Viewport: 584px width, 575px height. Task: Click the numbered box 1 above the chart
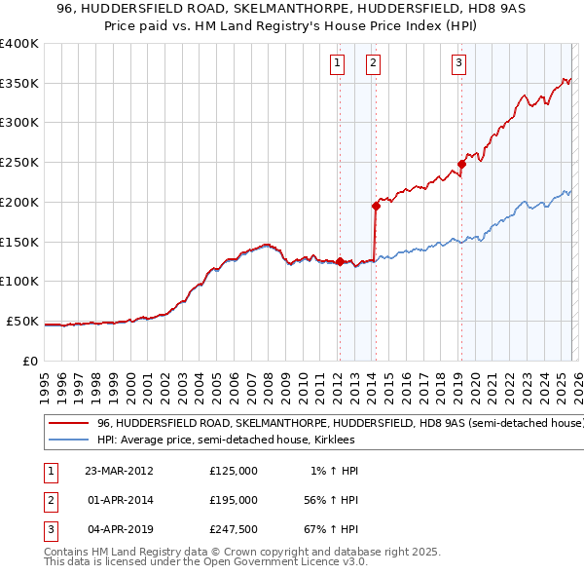pos(337,64)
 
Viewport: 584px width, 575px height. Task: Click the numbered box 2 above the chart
pos(373,64)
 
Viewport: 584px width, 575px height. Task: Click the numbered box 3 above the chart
pos(458,64)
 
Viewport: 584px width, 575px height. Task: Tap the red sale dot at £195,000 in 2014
pos(375,206)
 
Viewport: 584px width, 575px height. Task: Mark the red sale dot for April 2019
pos(461,164)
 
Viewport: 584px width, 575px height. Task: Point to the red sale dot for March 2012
pos(340,261)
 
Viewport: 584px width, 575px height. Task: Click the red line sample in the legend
pos(68,424)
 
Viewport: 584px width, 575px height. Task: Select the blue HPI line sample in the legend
pos(68,441)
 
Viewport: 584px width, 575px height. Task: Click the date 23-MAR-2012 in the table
pos(120,471)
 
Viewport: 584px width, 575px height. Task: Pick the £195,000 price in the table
pos(234,500)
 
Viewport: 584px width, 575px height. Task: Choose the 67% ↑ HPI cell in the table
pos(331,529)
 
